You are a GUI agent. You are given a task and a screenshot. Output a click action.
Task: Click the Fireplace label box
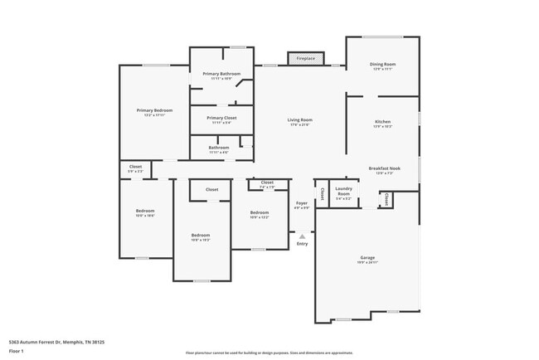point(305,59)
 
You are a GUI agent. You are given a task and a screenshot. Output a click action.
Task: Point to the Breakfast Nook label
point(382,170)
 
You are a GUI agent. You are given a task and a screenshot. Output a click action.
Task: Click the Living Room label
point(299,122)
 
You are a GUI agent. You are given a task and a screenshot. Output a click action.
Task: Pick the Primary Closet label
point(221,119)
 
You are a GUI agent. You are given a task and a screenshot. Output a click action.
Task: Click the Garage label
point(367,259)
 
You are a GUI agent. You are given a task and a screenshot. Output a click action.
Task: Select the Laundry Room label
point(343,192)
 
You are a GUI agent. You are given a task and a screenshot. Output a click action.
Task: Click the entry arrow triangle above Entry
point(302,236)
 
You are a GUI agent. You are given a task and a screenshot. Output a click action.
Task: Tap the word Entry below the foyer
point(302,243)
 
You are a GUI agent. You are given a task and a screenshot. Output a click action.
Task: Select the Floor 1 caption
point(17,350)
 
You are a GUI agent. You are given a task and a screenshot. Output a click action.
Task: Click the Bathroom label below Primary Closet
point(219,149)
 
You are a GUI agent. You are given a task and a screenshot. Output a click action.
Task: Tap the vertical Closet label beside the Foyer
point(322,193)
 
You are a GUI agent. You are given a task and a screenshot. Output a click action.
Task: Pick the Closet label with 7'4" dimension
point(267,184)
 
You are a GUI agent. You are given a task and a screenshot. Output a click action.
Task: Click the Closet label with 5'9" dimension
point(135,168)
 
